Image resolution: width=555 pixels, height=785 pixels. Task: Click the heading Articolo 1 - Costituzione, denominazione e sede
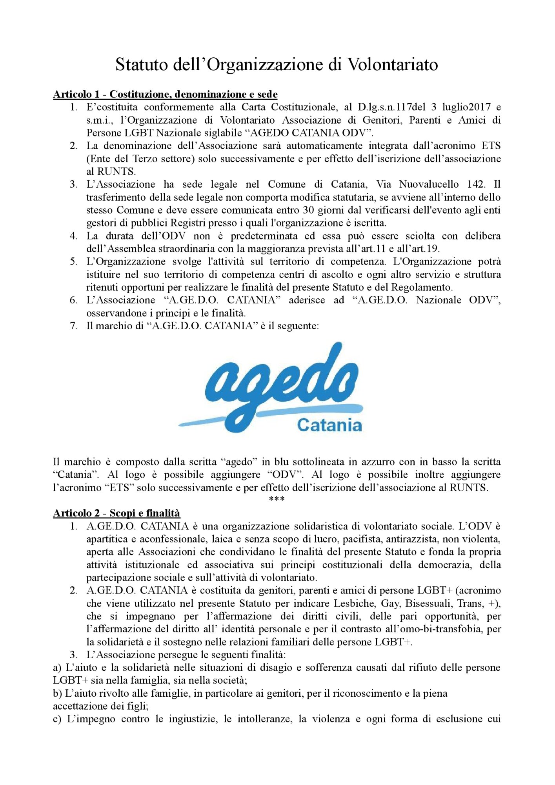pos(165,94)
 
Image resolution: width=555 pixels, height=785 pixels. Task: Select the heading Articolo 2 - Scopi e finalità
pos(116,513)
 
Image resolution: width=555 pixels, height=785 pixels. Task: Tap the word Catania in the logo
pos(329,425)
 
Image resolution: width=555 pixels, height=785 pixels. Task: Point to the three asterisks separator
pos(277,500)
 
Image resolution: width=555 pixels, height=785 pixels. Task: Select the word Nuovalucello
pos(429,184)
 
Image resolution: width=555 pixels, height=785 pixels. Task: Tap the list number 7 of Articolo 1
pos(73,326)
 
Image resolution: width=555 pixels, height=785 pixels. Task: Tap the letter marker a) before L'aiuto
pos(57,668)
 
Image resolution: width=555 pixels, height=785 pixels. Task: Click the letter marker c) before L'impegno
pos(57,719)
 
